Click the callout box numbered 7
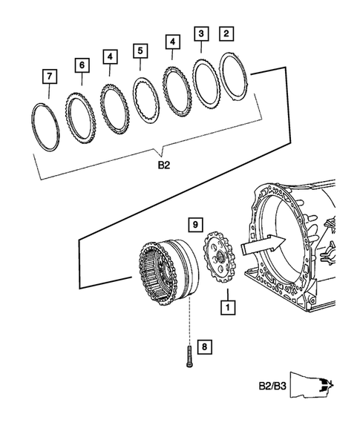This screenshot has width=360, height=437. coord(48,77)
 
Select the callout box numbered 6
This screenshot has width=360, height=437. coord(81,65)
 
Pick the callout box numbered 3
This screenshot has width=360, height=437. coord(201,33)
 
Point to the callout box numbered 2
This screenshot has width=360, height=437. coord(226,33)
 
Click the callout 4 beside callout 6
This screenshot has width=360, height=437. coord(110,56)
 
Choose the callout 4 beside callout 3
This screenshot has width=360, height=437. coord(171,42)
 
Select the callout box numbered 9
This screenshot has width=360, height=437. coord(194,223)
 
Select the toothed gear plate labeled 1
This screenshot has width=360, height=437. coord(219,260)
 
